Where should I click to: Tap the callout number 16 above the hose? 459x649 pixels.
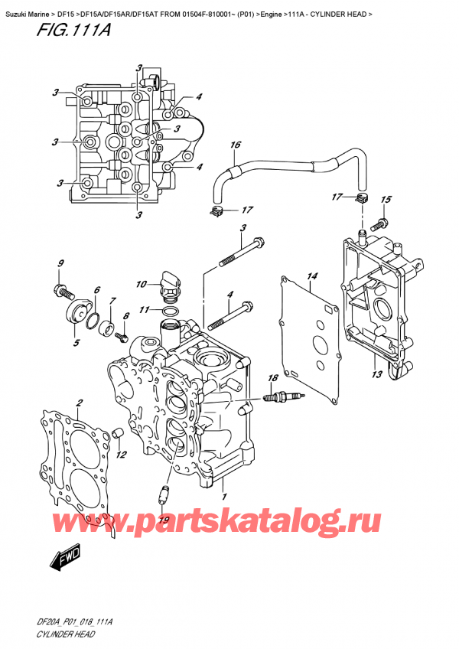point(236,145)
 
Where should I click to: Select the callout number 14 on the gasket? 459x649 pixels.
point(312,276)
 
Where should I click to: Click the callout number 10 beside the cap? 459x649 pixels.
point(142,285)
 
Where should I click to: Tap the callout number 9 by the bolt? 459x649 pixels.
point(60,266)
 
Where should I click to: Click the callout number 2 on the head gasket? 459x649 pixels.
point(78,403)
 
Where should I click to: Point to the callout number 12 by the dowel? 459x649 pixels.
point(121,455)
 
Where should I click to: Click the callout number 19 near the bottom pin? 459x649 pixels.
point(162,520)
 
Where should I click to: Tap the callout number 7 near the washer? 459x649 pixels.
point(112,300)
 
